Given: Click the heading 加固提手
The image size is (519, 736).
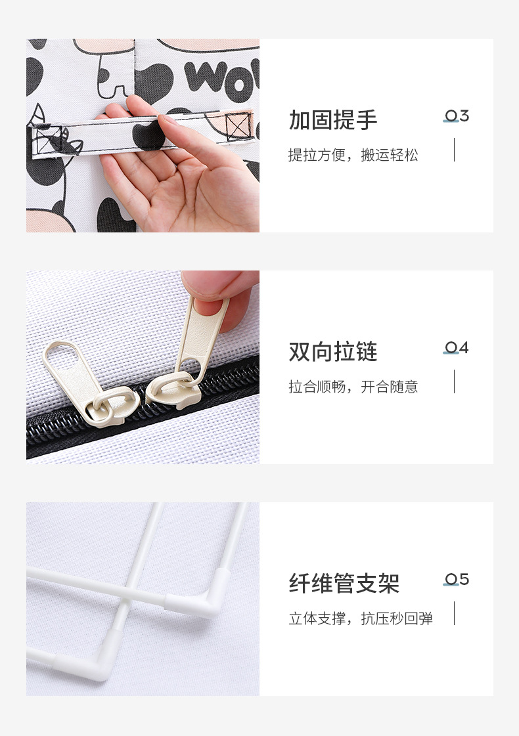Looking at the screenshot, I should tap(333, 120).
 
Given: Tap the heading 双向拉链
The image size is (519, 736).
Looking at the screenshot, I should tap(333, 352).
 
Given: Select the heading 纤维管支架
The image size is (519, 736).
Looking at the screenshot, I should tap(344, 584).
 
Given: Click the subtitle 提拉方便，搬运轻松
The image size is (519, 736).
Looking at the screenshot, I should tap(353, 156).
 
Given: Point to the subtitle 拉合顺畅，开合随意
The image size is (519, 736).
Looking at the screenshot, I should tap(353, 387).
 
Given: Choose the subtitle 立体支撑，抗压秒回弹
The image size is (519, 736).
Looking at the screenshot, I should tap(361, 619).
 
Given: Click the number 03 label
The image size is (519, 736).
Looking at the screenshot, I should tap(457, 116).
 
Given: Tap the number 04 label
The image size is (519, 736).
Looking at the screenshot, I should tap(457, 348).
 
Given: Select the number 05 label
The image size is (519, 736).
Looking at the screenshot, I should tap(457, 580).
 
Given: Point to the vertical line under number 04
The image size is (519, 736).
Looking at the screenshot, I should tap(454, 381).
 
